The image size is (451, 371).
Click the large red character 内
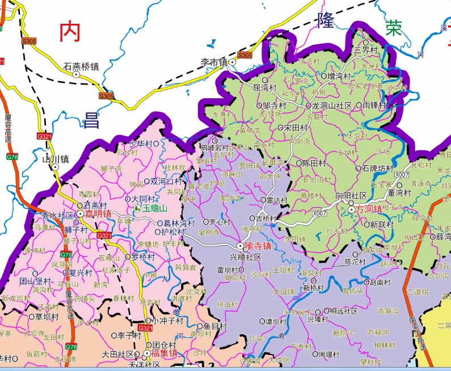point(70,32)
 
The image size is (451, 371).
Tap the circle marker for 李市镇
point(232,62)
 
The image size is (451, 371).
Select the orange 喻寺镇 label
point(258,246)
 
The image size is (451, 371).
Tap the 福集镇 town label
point(165,353)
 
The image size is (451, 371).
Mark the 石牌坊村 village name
point(377,168)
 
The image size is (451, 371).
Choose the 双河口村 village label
point(166,182)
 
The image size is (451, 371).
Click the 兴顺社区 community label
point(245,257)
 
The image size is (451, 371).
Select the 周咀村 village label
point(328,355)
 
